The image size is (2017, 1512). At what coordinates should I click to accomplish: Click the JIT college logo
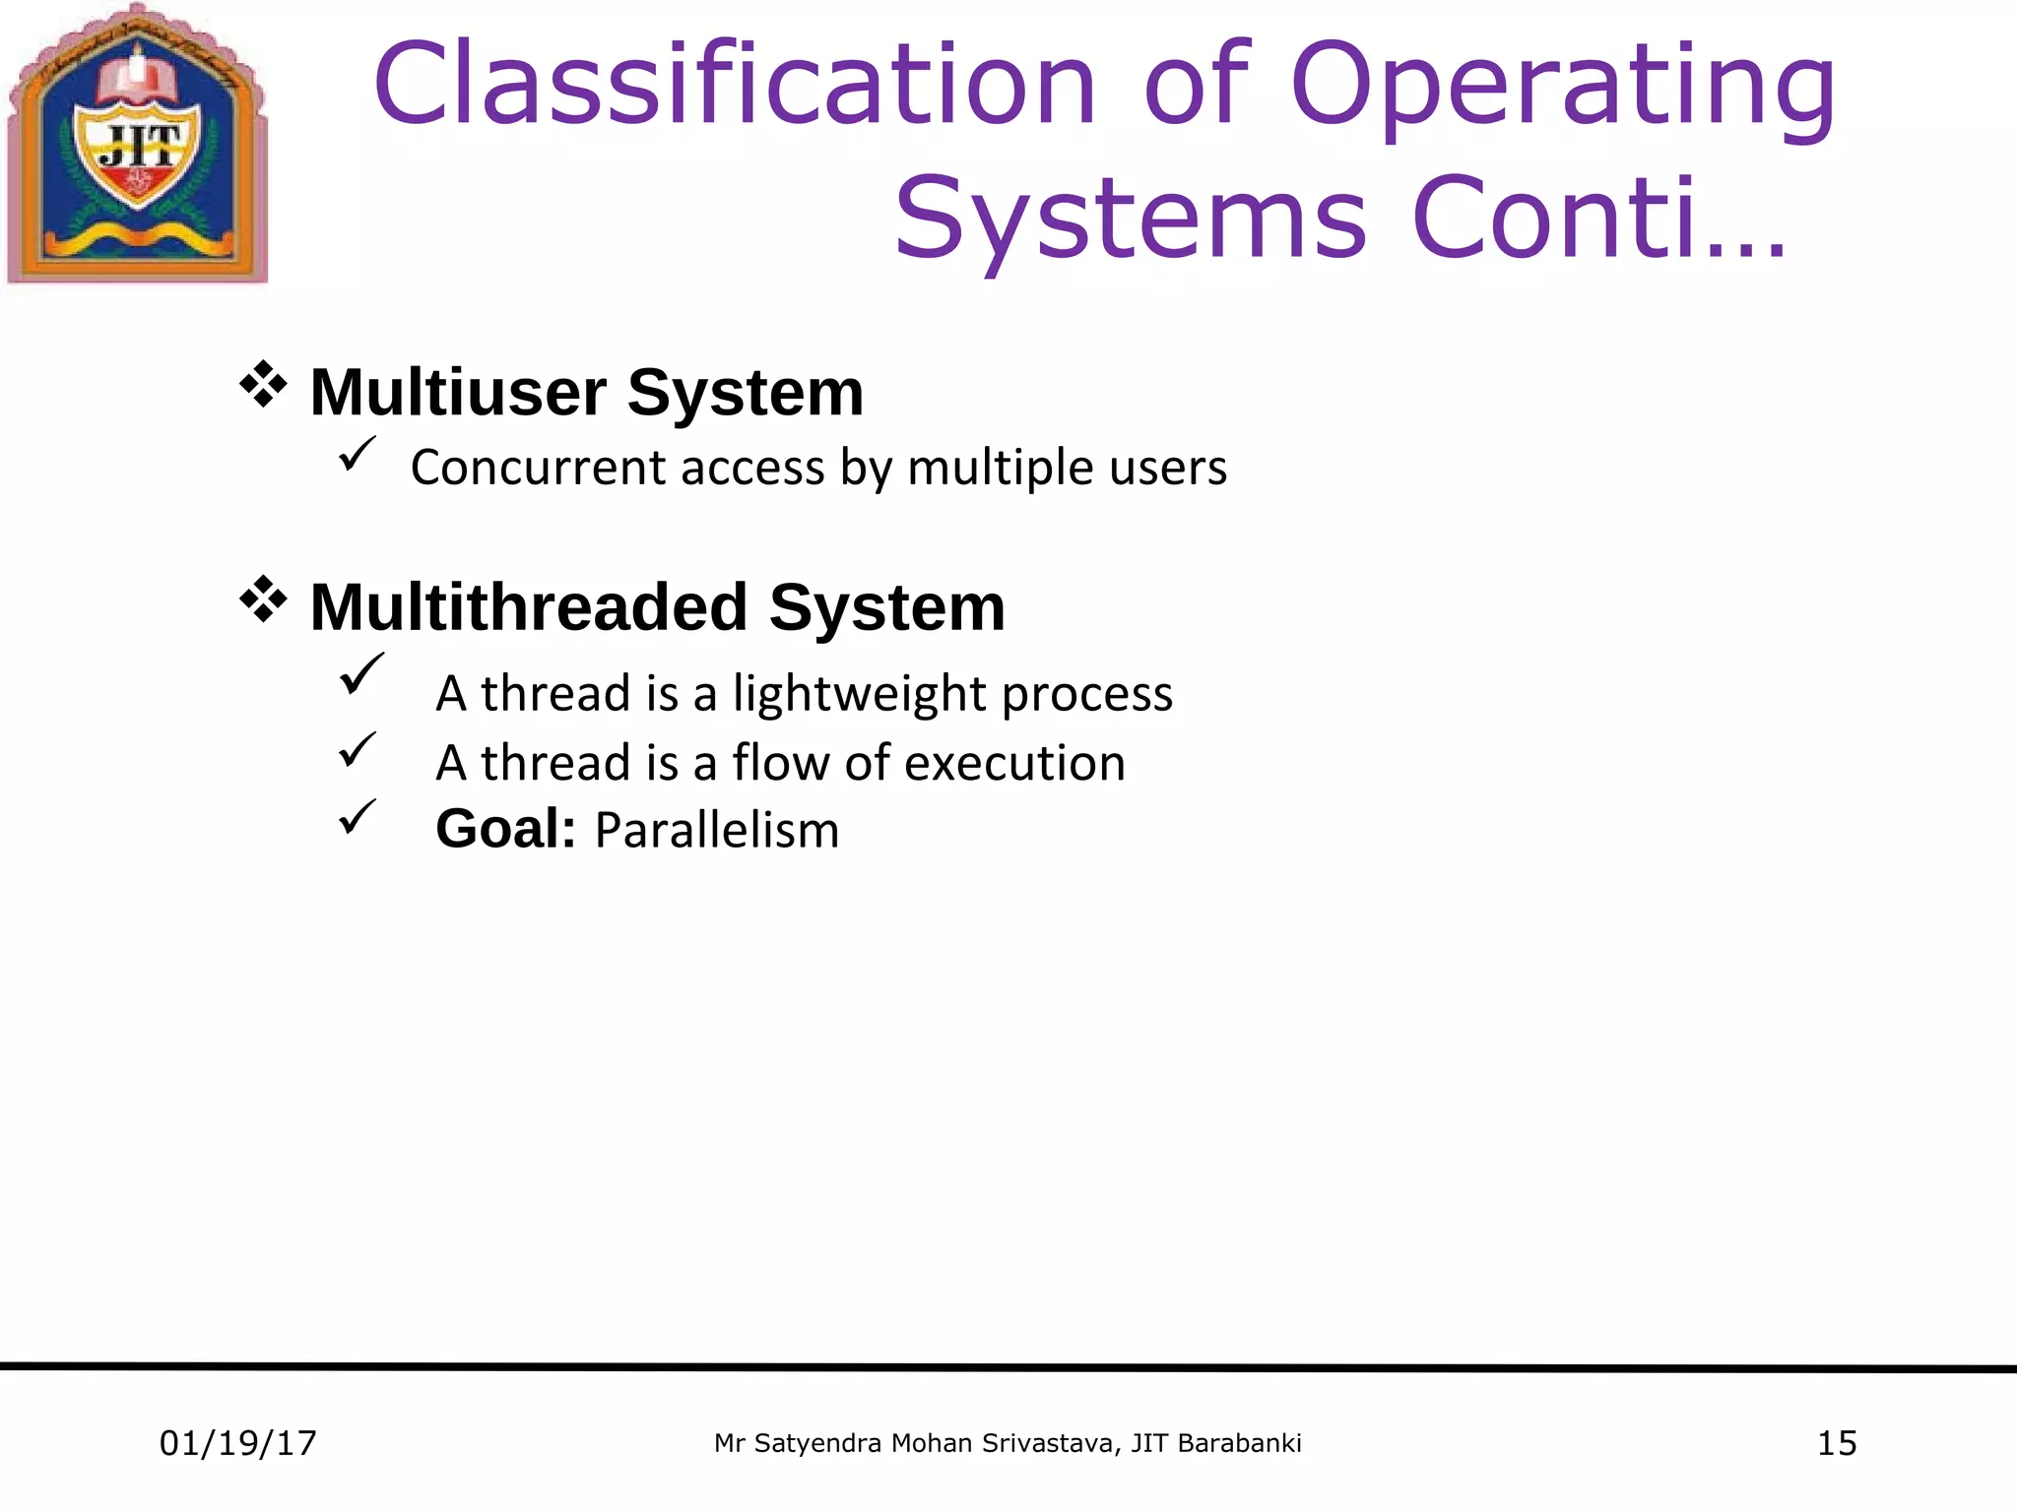[x=138, y=146]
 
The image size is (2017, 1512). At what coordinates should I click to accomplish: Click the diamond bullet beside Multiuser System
[x=263, y=385]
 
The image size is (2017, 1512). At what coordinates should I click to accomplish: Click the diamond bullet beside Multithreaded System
[x=263, y=599]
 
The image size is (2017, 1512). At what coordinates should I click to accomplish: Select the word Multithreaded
[x=528, y=606]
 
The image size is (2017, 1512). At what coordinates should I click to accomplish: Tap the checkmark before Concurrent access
[x=357, y=454]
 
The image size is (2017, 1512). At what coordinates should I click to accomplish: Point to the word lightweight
[x=859, y=694]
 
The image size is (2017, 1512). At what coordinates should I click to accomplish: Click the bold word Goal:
[x=505, y=829]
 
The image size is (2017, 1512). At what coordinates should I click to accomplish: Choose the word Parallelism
[x=717, y=830]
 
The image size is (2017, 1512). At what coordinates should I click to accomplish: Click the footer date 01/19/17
[x=237, y=1443]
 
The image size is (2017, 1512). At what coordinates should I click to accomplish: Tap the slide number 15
[x=1836, y=1443]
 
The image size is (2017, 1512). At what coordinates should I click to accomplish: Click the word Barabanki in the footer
[x=1239, y=1443]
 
